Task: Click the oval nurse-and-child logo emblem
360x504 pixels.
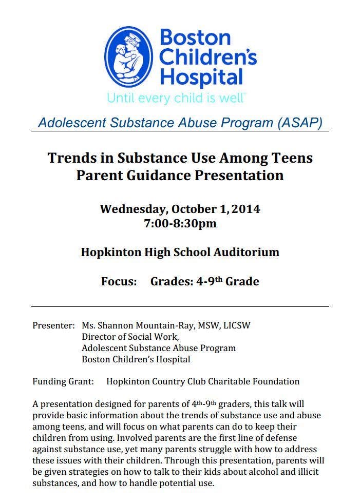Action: [131, 57]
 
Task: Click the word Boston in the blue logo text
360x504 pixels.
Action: [195, 37]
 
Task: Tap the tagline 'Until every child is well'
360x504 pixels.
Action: [176, 98]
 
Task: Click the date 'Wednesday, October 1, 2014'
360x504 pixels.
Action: [180, 209]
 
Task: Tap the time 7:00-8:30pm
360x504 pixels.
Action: [180, 223]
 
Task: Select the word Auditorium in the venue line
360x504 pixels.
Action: [246, 252]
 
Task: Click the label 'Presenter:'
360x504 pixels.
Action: [53, 325]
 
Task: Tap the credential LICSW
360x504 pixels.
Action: [235, 325]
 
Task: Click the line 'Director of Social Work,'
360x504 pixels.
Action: [130, 337]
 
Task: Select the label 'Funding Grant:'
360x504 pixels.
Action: [63, 381]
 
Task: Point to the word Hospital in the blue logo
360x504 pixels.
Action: [201, 77]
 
